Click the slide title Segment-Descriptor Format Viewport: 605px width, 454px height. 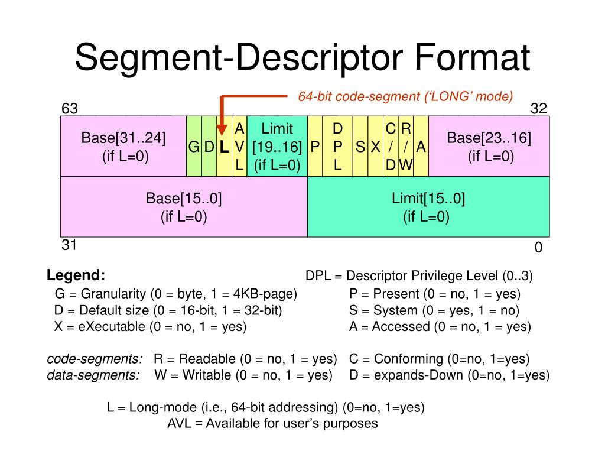(302, 57)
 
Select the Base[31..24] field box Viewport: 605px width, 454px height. (123, 147)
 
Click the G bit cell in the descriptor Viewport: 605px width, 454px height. (194, 147)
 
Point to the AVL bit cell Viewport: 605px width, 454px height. (239, 147)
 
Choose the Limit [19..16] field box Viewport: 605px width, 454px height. (277, 147)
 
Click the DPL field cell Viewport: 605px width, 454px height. (338, 147)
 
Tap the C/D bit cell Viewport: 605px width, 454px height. (391, 147)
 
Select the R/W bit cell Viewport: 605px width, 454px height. (405, 147)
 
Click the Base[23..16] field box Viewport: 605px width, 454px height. (489, 147)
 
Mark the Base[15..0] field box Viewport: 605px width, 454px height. (184, 207)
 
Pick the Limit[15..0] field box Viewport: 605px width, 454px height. (428, 207)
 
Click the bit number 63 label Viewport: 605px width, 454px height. (70, 109)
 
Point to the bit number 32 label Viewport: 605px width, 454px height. (538, 109)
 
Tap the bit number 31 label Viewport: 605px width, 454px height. (70, 245)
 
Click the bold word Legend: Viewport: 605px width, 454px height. (76, 275)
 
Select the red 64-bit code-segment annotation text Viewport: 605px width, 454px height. (405, 96)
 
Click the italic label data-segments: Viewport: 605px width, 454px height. (93, 375)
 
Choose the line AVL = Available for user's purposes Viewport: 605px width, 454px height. (272, 423)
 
